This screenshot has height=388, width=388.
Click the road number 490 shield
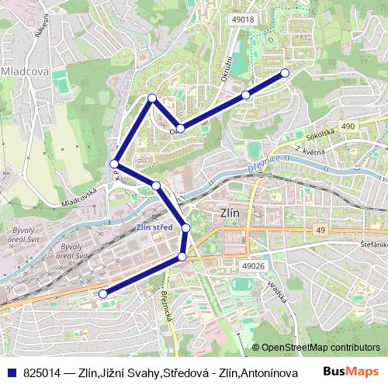tap(347, 126)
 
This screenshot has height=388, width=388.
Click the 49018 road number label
tap(242, 19)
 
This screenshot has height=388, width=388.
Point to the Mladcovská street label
tap(79, 198)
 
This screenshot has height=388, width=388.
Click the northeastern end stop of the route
tap(284, 72)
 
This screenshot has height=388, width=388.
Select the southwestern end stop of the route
tap(102, 293)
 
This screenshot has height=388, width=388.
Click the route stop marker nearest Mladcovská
tap(114, 164)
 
